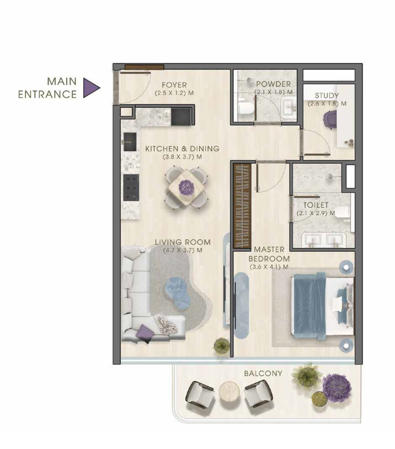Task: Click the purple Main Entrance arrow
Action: point(91,87)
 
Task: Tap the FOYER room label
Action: point(174,85)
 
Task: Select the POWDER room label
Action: point(273,84)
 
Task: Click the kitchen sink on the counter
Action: point(130,142)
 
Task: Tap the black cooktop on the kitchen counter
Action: point(131,187)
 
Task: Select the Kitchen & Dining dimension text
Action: point(182,157)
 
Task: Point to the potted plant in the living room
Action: point(221,346)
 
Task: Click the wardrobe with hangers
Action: point(242,206)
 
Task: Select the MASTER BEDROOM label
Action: point(269,254)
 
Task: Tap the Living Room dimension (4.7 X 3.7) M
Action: point(183,250)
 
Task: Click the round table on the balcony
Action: point(229,392)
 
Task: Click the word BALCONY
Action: point(263,373)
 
